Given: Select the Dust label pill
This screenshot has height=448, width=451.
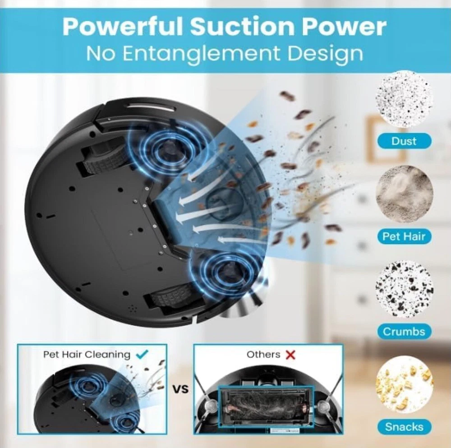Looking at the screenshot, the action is (x=404, y=141).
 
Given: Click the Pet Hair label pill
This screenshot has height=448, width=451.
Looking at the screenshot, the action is (x=404, y=236).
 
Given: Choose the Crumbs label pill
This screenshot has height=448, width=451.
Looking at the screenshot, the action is (x=404, y=332).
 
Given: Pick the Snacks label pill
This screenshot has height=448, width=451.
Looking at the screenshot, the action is (x=404, y=427).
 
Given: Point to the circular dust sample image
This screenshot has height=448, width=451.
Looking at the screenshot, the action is (x=404, y=99).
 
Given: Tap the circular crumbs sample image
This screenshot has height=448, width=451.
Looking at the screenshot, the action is (x=404, y=289).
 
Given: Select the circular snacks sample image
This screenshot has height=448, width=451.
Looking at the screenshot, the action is (x=404, y=384).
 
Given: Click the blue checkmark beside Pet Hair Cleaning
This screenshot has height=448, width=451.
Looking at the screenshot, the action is (x=142, y=354).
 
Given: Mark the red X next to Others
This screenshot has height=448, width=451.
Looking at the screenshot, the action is (x=290, y=355).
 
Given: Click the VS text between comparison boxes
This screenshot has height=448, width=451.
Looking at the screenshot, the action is (x=180, y=389).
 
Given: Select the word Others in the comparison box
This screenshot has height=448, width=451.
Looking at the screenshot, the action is (x=263, y=355).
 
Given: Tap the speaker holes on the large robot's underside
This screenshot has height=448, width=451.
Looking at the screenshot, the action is (x=132, y=309).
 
